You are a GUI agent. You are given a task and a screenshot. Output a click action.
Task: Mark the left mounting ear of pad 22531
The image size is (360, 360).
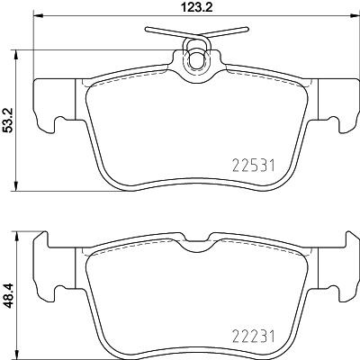[x=46, y=102]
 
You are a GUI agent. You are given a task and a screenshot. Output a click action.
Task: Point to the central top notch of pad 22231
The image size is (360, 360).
[x=195, y=247]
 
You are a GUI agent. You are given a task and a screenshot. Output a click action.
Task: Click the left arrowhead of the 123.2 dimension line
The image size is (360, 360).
[x=38, y=21]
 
